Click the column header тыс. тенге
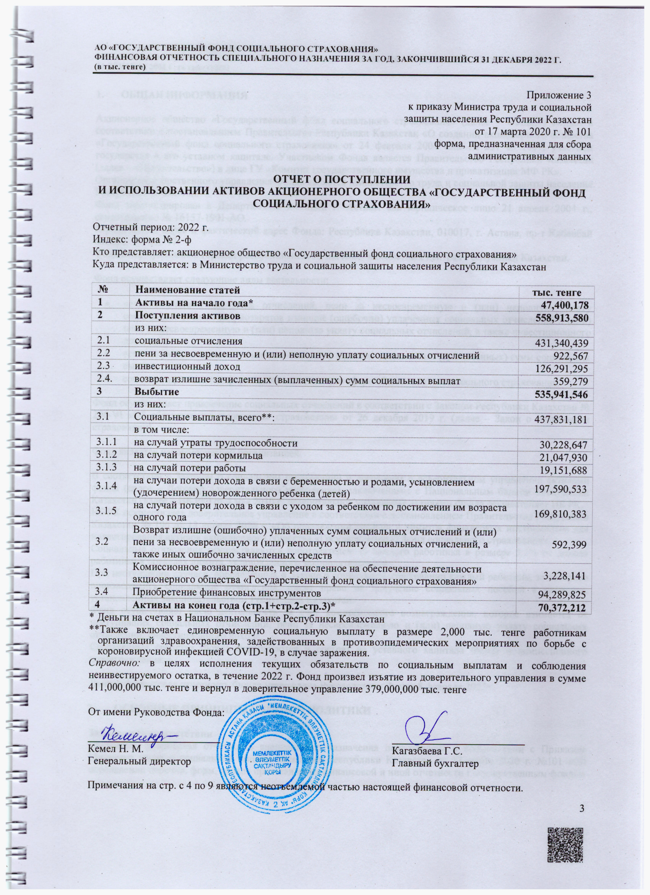click(557, 292)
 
